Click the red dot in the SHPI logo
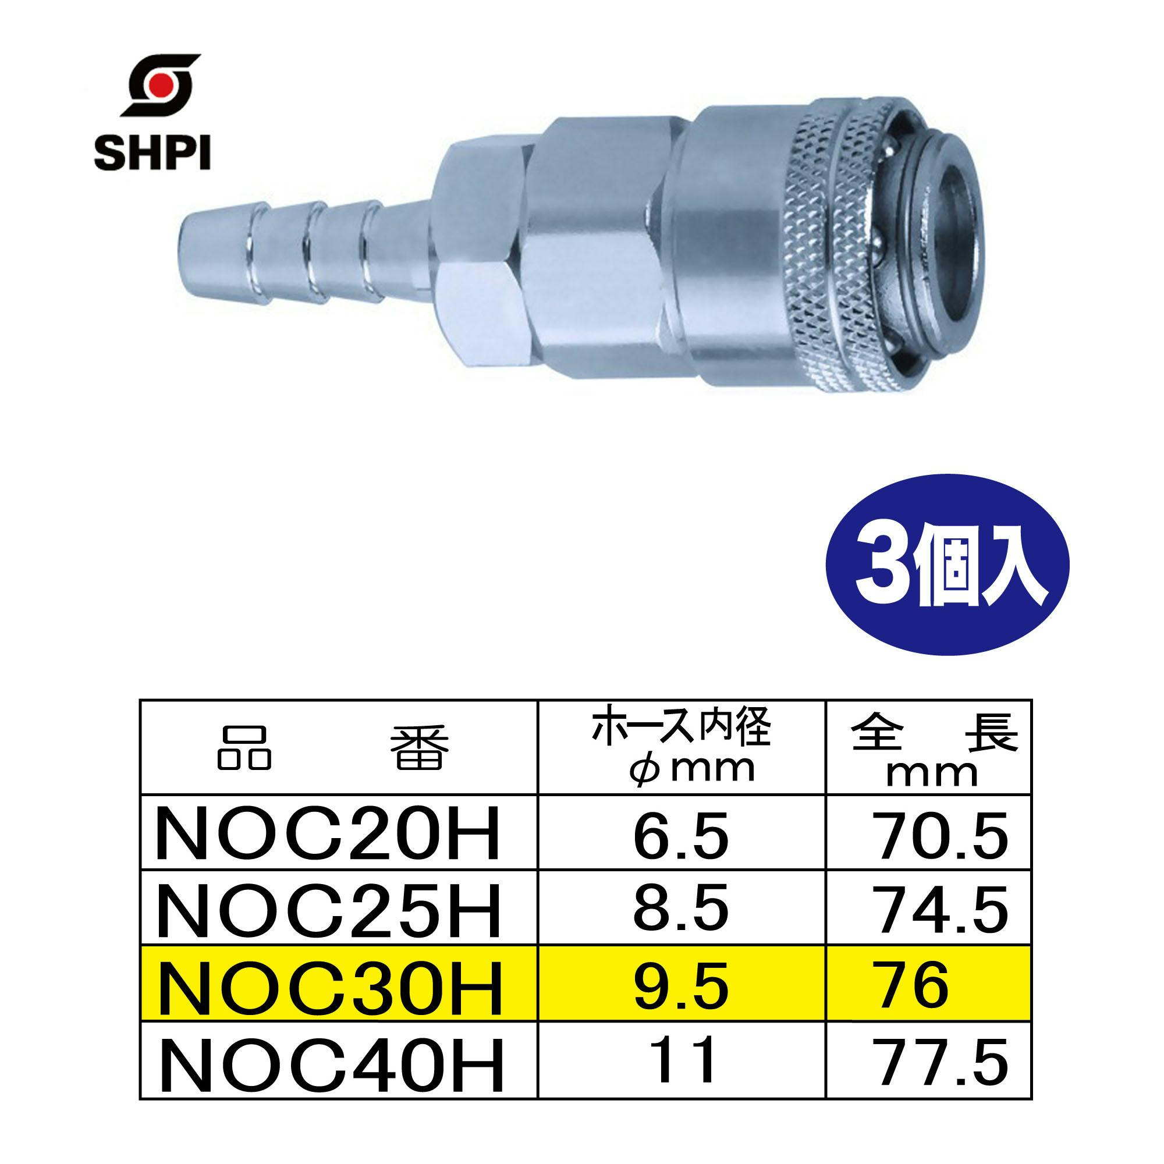pyautogui.click(x=159, y=86)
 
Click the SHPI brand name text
pyautogui.click(x=151, y=154)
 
